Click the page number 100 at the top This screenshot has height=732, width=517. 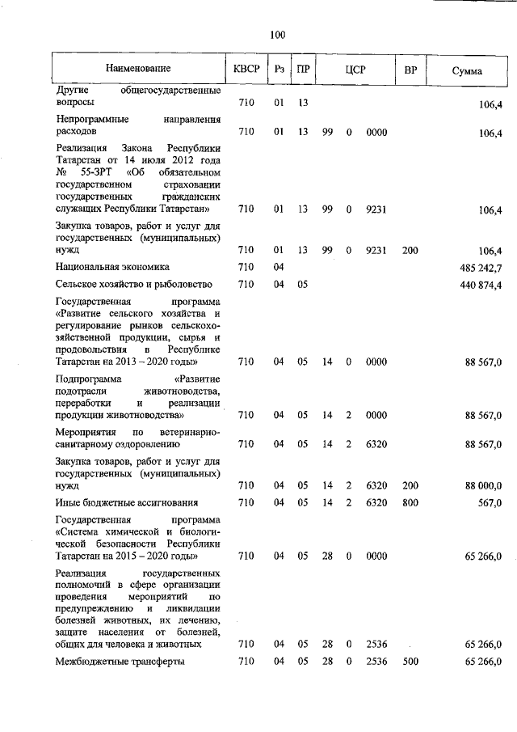(277, 34)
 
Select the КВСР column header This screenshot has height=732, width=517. (246, 70)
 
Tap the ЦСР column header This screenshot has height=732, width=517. (355, 70)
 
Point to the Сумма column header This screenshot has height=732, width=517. (467, 71)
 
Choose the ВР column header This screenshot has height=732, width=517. (410, 70)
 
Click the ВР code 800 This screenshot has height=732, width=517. (410, 502)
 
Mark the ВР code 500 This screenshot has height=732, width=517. (410, 662)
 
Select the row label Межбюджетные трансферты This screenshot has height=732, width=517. (120, 662)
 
